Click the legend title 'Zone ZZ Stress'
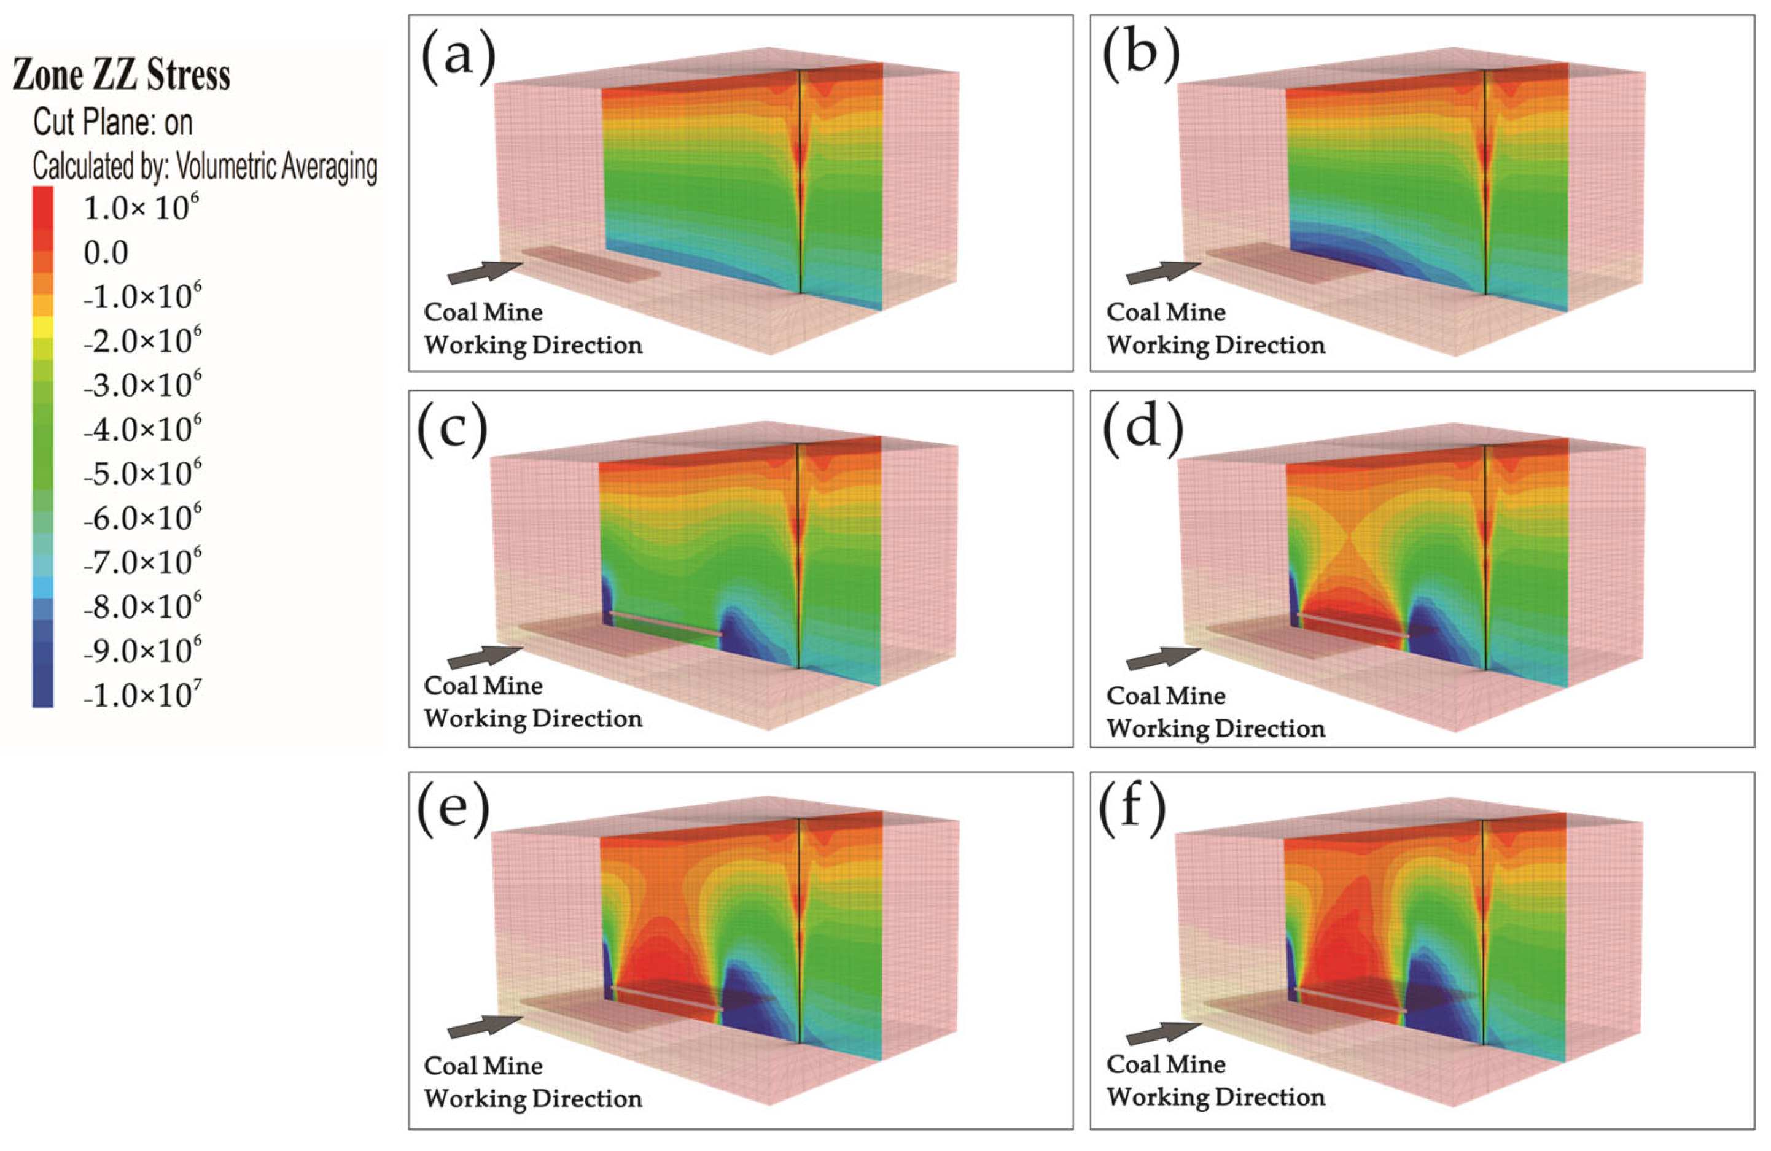click(x=122, y=76)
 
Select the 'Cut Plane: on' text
click(x=112, y=122)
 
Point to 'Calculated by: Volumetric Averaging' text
click(x=204, y=166)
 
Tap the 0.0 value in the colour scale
click(x=106, y=253)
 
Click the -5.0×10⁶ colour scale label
click(x=142, y=473)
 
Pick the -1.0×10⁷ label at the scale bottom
click(x=142, y=695)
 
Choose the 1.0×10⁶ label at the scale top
click(x=141, y=208)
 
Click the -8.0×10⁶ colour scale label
click(x=142, y=607)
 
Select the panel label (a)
click(x=457, y=56)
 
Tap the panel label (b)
click(x=1141, y=56)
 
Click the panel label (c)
click(x=453, y=432)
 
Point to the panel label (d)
click(x=1142, y=432)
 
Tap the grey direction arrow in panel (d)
click(x=1163, y=657)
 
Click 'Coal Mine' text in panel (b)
click(x=1166, y=312)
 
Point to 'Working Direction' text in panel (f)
click(x=1216, y=1098)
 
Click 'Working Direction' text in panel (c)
click(x=533, y=719)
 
